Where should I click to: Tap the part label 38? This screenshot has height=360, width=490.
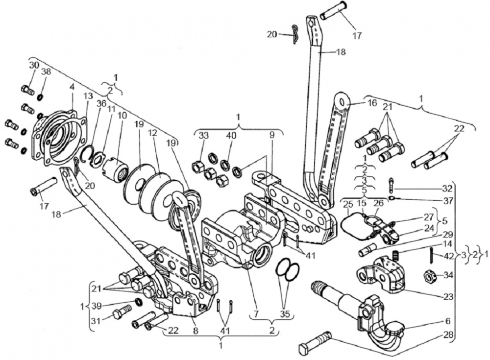(x=46, y=72)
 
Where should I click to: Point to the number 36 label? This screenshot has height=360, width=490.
(x=101, y=104)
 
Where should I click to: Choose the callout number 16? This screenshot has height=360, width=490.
(x=372, y=103)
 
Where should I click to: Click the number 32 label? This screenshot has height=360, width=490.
(x=446, y=188)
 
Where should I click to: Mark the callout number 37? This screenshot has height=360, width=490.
(x=446, y=200)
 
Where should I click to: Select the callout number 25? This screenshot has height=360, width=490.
(x=348, y=203)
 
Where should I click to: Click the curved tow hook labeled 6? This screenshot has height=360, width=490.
(x=387, y=333)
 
